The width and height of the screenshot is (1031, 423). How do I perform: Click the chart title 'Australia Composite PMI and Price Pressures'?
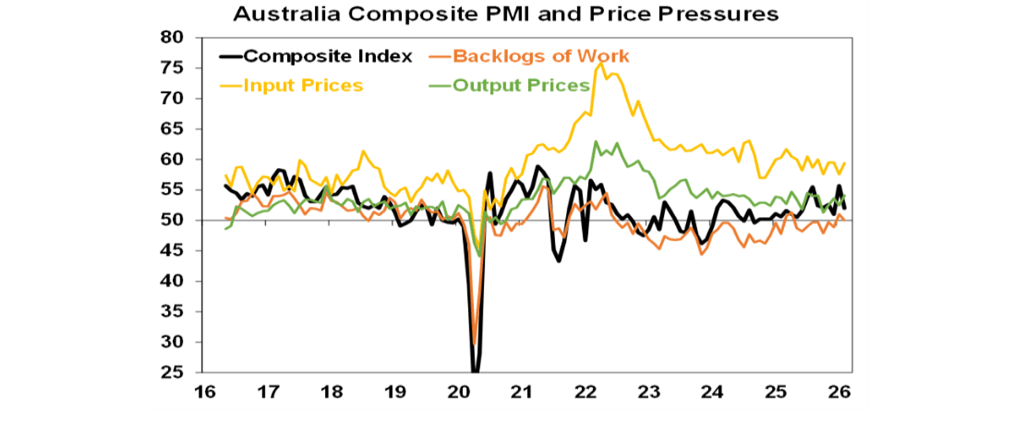coord(505,14)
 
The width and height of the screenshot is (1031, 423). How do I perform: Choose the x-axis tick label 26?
coord(841,392)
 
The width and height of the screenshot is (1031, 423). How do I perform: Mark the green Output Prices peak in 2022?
coord(595,142)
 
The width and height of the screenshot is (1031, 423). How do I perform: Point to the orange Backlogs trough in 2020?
coord(475,342)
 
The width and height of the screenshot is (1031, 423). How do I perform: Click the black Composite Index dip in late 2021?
coord(558,261)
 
